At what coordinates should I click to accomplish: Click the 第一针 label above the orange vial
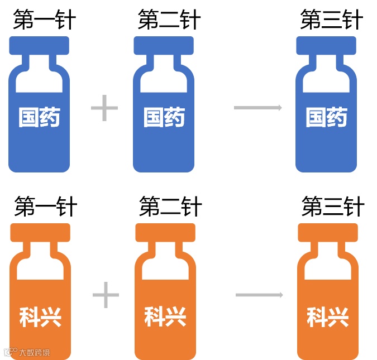(x=45, y=207)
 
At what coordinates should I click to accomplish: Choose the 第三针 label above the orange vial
(x=333, y=207)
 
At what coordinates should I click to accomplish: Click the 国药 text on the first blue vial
(x=39, y=118)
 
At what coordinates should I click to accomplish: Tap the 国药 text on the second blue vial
(x=164, y=118)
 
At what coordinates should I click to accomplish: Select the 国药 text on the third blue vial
(x=326, y=118)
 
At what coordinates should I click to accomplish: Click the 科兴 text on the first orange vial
(x=40, y=316)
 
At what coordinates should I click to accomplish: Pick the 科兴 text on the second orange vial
(x=165, y=316)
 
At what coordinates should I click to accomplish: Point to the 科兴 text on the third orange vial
(x=328, y=316)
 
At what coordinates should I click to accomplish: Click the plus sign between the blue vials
(x=104, y=108)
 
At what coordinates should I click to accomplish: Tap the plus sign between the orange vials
(x=106, y=295)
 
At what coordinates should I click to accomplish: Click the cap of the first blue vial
(x=39, y=45)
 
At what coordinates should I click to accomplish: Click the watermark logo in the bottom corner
(x=9, y=352)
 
